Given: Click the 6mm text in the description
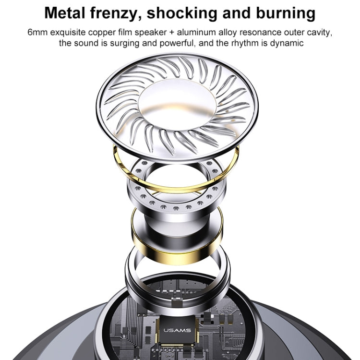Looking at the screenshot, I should [38, 33].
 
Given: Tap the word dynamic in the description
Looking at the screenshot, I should [288, 44].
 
